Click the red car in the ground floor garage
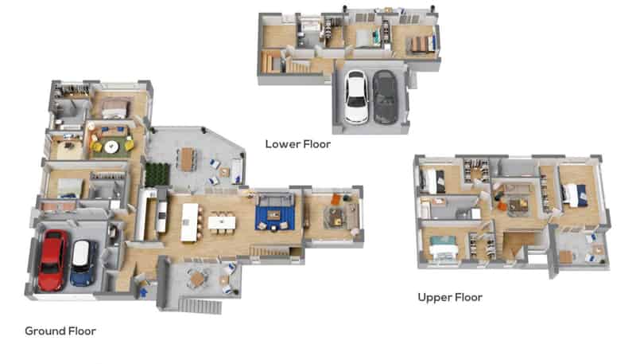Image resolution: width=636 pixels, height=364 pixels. (52, 260)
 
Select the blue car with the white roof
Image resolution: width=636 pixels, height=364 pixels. (83, 263)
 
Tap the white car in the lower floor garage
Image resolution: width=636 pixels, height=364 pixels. (355, 96)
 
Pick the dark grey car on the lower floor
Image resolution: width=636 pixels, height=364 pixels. (385, 96)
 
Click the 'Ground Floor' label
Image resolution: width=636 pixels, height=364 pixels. (60, 331)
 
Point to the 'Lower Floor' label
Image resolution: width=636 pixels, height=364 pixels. (297, 144)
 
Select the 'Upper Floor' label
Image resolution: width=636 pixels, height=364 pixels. (450, 297)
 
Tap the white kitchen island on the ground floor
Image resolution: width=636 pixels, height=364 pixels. (189, 222)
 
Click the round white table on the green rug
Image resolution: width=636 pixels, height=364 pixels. (111, 147)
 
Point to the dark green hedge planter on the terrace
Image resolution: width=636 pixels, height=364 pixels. (157, 174)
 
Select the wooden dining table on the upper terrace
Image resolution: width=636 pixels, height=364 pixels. (187, 159)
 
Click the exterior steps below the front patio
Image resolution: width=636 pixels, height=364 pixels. (200, 306)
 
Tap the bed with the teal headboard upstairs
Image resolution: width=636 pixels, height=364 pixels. (444, 247)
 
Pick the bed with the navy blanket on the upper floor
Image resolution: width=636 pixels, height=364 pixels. (574, 195)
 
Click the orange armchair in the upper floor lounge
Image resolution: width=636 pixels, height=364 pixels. (502, 206)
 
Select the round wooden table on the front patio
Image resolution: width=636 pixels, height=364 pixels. (197, 279)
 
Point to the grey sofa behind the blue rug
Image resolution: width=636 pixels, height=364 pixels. (274, 199)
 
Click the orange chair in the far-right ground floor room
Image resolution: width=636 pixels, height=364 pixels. (335, 199)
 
